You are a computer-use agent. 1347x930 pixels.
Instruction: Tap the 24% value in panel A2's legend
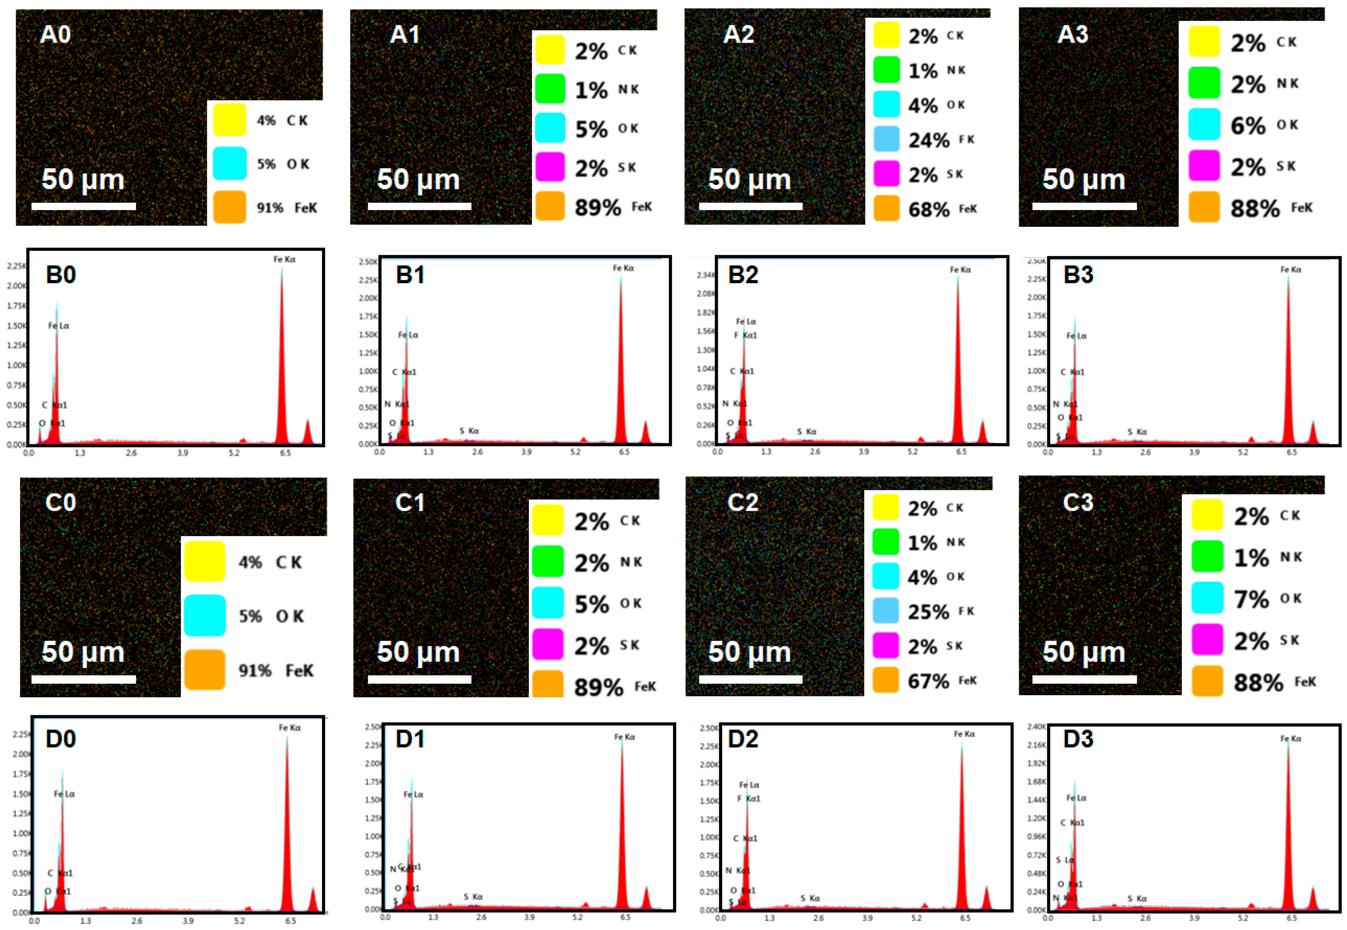[929, 140]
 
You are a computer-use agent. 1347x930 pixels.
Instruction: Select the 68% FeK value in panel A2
[929, 209]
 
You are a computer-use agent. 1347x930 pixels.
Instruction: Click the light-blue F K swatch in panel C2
[886, 611]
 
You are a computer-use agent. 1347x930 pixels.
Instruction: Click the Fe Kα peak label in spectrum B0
[284, 259]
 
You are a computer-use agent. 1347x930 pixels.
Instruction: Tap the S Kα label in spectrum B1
[469, 430]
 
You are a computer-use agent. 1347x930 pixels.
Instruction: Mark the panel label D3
[1078, 739]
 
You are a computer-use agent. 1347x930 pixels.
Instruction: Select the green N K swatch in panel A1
[550, 88]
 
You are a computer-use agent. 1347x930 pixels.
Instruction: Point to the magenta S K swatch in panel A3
[1204, 166]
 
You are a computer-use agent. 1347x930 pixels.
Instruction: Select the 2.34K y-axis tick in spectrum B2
[705, 275]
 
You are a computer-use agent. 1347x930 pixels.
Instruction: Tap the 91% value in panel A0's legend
[270, 208]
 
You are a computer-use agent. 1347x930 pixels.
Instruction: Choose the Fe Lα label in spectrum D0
[64, 794]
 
